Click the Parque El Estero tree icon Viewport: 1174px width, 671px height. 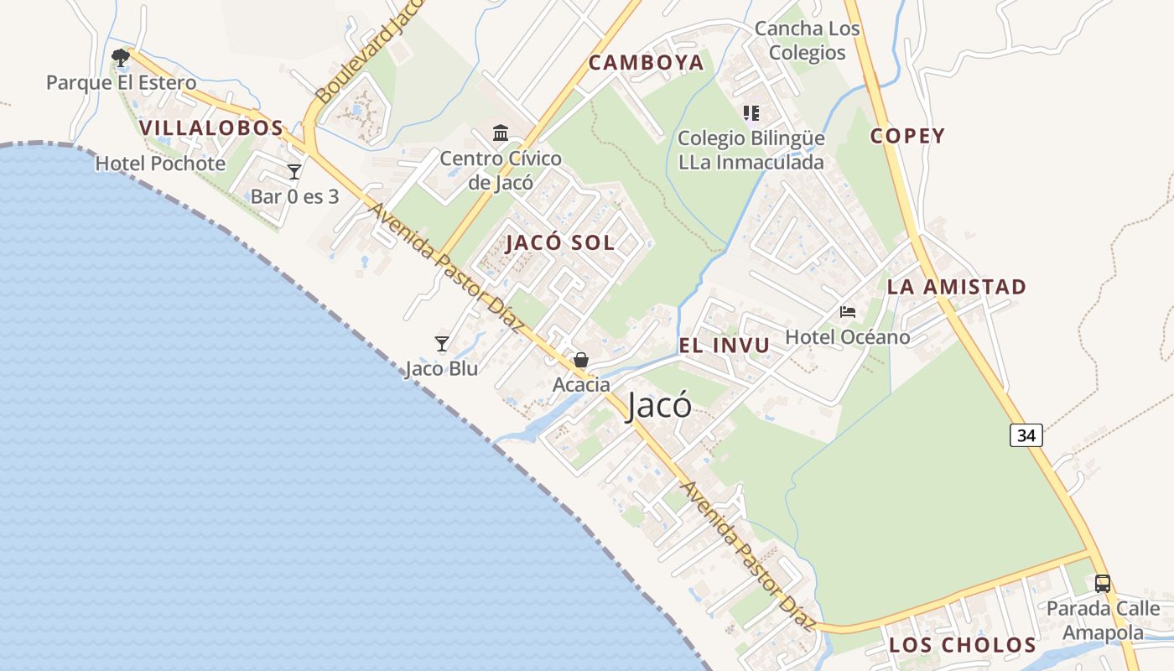click(121, 57)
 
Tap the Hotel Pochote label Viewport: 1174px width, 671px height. click(160, 164)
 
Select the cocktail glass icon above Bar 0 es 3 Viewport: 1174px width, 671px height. click(294, 172)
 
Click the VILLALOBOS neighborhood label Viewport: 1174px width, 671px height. click(211, 128)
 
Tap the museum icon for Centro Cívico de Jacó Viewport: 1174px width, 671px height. click(501, 133)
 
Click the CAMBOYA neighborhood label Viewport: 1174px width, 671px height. click(646, 63)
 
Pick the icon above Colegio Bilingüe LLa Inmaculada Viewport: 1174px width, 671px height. click(751, 112)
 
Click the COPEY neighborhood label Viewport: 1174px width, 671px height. click(907, 136)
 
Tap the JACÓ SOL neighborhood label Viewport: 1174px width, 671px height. click(560, 243)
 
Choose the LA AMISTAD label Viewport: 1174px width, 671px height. click(957, 287)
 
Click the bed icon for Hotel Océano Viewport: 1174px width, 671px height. click(848, 312)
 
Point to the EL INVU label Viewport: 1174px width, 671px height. click(725, 346)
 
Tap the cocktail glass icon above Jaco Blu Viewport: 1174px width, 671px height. click(442, 343)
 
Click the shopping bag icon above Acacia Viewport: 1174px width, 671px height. click(581, 360)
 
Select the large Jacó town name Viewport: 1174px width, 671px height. click(660, 406)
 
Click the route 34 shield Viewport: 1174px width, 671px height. click(1026, 435)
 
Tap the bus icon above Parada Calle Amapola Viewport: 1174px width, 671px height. click(1103, 583)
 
